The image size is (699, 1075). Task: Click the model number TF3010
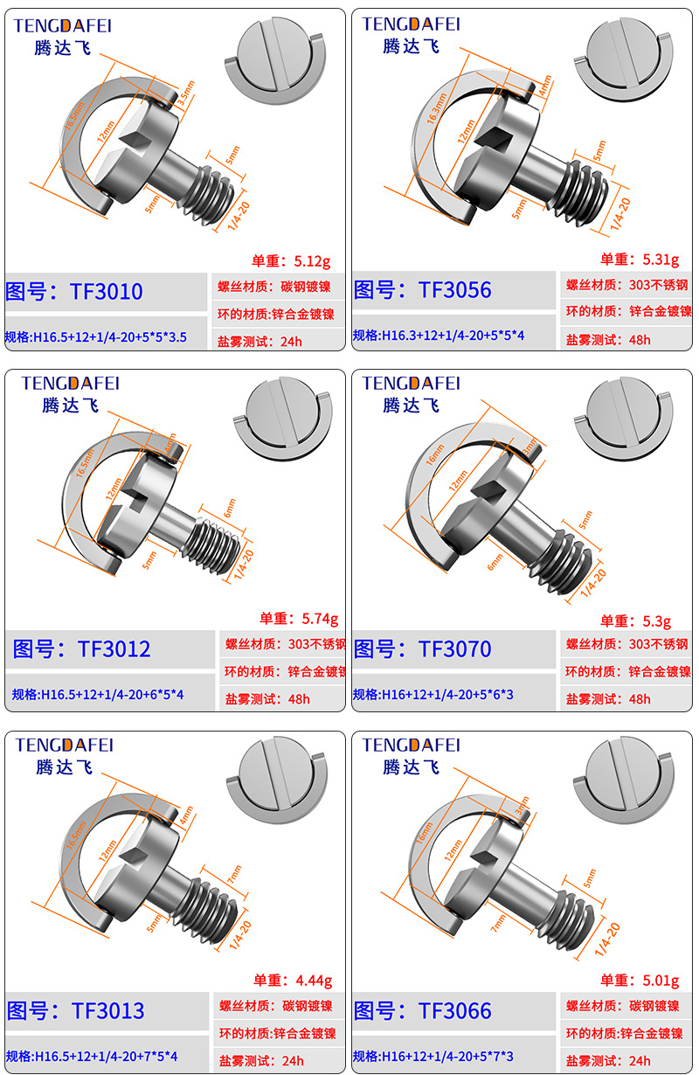[x=106, y=291]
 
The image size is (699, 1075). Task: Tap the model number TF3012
[x=114, y=649]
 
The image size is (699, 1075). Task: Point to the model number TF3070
[x=454, y=649]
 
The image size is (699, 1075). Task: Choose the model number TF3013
[x=107, y=1011]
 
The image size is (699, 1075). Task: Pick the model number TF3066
[x=454, y=1011]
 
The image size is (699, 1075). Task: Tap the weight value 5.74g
[x=319, y=619]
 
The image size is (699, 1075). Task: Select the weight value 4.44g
[x=315, y=980]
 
